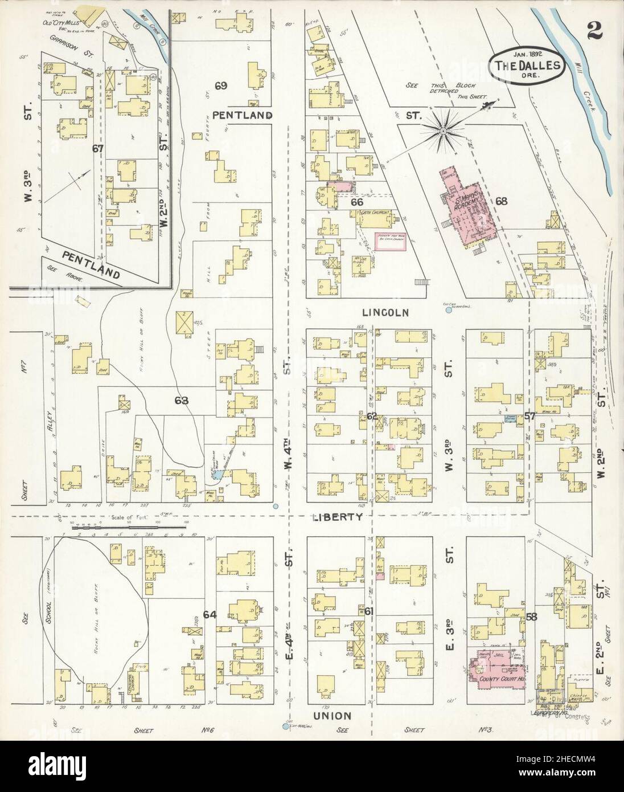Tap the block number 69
[x=221, y=86]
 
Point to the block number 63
[x=181, y=401]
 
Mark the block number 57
[x=529, y=417]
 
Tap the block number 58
[x=532, y=616]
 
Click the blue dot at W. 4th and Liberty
[x=276, y=506]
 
